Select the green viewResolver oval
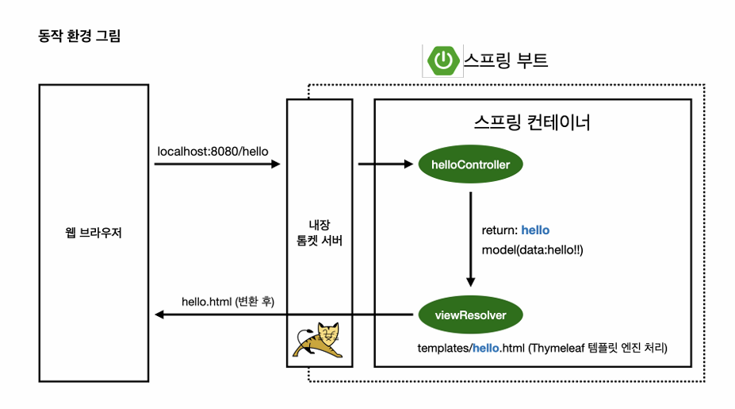(x=470, y=315)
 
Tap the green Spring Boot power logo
(x=442, y=60)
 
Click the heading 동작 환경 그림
(x=79, y=37)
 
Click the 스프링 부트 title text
(x=506, y=60)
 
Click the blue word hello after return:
(x=535, y=230)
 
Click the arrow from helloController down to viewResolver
(x=470, y=238)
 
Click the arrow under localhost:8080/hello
(x=217, y=165)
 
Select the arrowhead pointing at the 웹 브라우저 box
(x=159, y=315)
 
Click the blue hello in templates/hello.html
(x=487, y=348)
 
